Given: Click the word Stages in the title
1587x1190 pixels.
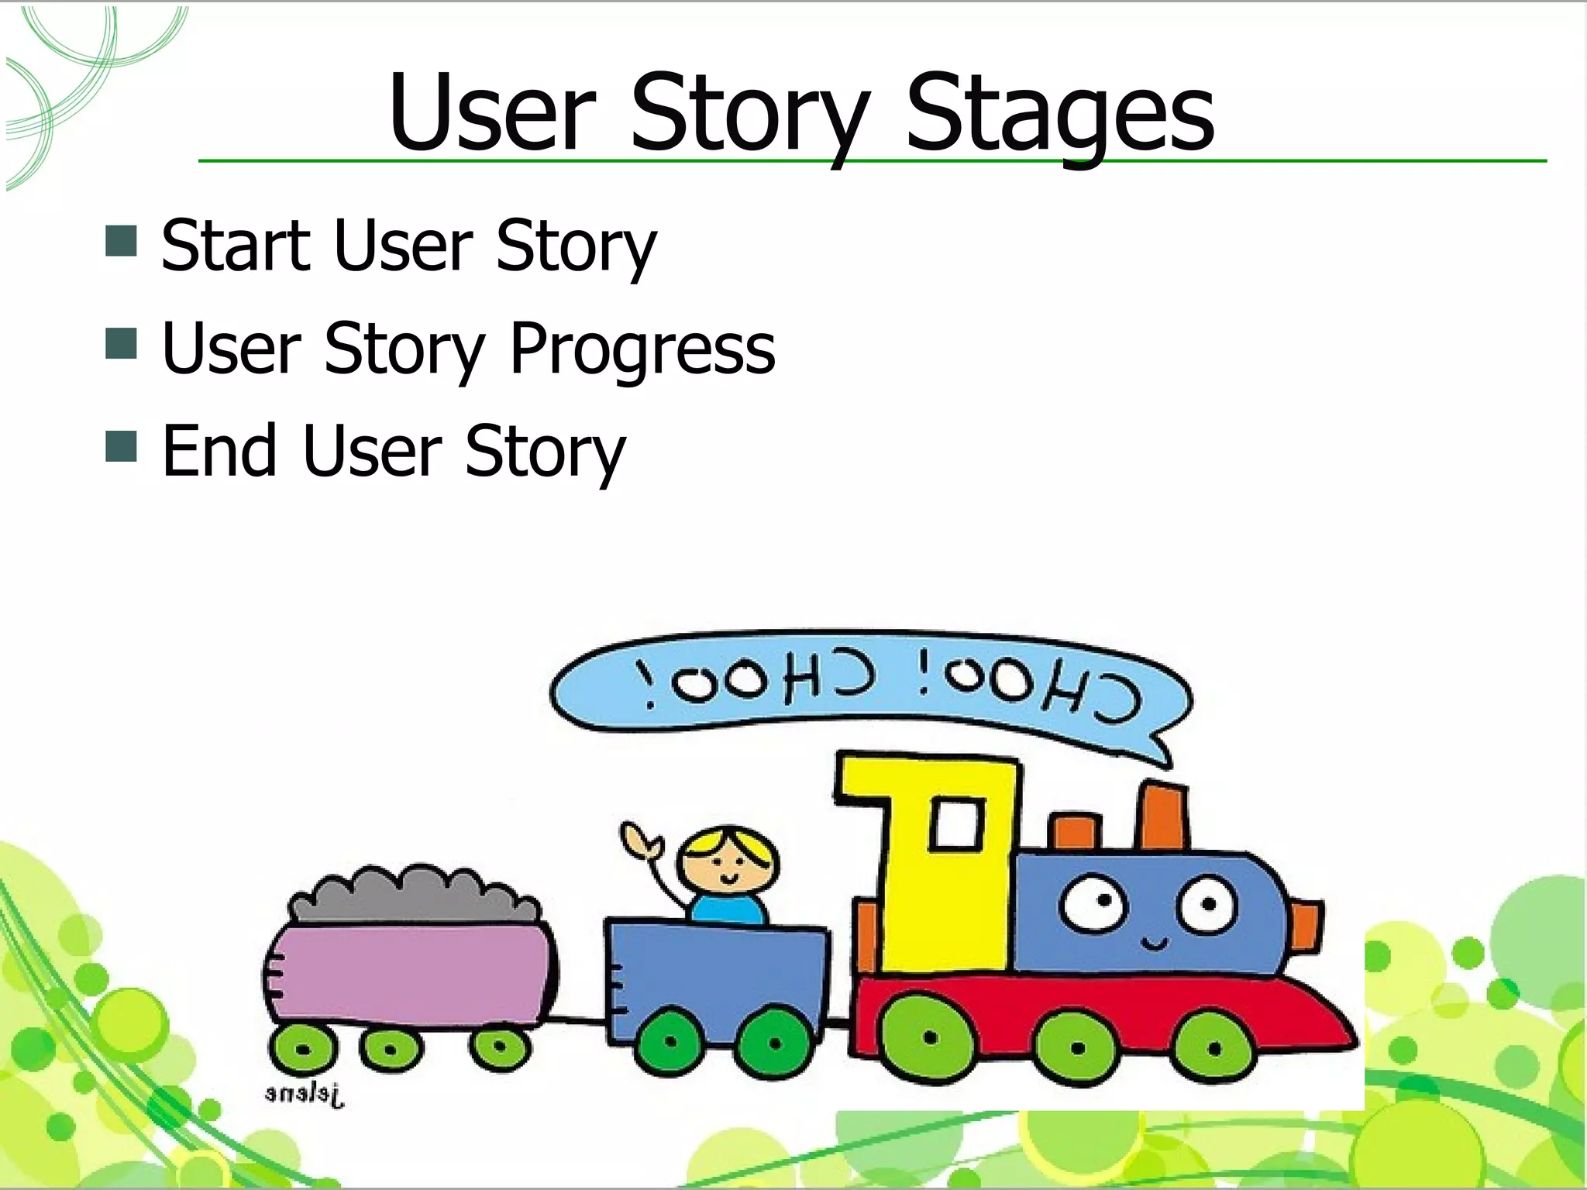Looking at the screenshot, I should tap(1060, 116).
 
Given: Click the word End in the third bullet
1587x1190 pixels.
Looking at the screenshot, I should tap(219, 451).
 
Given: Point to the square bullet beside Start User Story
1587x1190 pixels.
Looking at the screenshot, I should tap(121, 241).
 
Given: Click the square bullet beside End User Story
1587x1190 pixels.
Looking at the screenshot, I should tap(121, 445).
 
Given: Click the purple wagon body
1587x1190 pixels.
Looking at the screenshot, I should tap(411, 972).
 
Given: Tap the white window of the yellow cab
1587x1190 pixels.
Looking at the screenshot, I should tap(957, 823).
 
